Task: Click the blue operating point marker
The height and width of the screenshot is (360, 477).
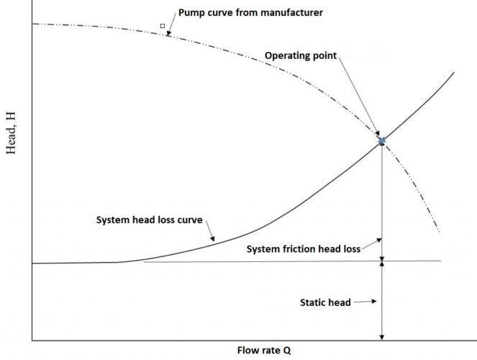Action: (x=382, y=141)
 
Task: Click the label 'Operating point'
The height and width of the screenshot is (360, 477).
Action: (x=301, y=55)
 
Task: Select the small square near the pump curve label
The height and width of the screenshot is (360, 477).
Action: (x=163, y=26)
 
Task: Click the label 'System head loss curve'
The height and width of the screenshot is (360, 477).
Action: (x=150, y=220)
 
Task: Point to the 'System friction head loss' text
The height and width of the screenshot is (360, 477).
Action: (x=303, y=248)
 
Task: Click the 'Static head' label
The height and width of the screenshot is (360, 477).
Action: (x=325, y=302)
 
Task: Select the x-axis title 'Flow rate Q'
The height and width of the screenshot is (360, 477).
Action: (x=264, y=351)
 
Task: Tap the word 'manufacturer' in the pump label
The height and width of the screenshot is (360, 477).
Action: (x=283, y=13)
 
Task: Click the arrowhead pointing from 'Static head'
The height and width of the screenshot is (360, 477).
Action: (x=374, y=302)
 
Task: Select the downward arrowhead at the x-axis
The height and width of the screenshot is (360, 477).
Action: (x=382, y=336)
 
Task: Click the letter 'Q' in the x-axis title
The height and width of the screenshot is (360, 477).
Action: (x=286, y=351)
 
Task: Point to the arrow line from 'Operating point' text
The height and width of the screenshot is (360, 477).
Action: (x=360, y=97)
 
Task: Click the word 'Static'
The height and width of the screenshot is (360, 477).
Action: (x=314, y=302)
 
